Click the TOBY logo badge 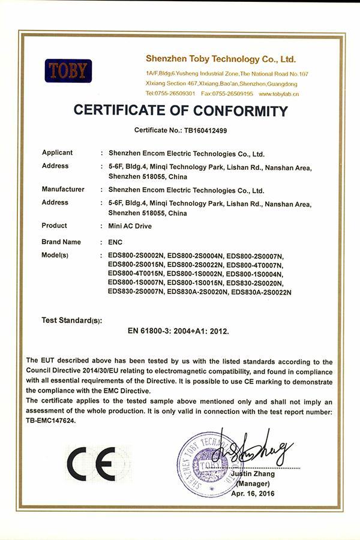point(68,71)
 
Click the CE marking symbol point(91,464)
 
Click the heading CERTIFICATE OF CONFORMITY point(180,111)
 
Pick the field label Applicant point(57,153)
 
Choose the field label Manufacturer point(63,190)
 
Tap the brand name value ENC point(115,242)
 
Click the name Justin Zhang point(257,474)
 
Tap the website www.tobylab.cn point(280,94)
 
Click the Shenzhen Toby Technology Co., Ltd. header point(221,59)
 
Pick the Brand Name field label point(61,242)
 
